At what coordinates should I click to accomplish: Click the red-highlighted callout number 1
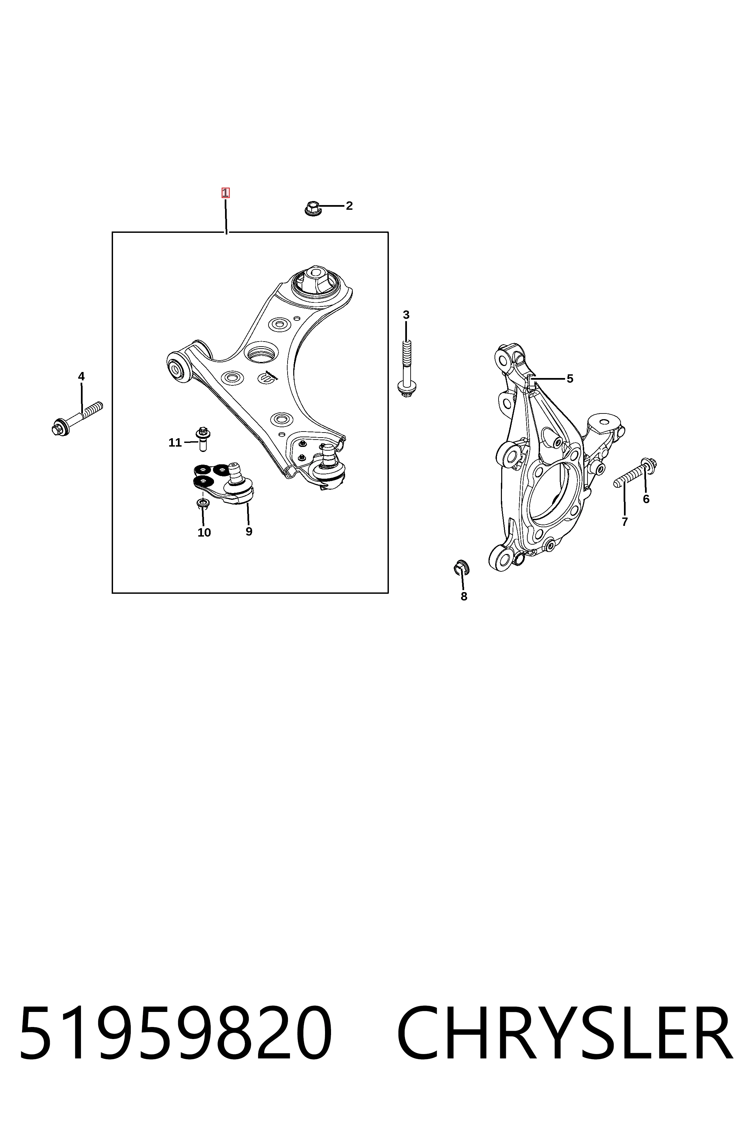pyautogui.click(x=225, y=193)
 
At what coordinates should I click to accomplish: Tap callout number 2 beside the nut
pyautogui.click(x=349, y=206)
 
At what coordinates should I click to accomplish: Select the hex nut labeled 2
pyautogui.click(x=312, y=208)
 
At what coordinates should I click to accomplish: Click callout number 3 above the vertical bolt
pyautogui.click(x=406, y=315)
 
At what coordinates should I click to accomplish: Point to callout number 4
pyautogui.click(x=81, y=377)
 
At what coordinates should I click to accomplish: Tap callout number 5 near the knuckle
pyautogui.click(x=570, y=379)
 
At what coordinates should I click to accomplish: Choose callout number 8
pyautogui.click(x=464, y=596)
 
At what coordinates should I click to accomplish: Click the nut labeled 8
pyautogui.click(x=461, y=566)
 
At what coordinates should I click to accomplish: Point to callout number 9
pyautogui.click(x=249, y=532)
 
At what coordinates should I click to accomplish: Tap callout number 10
pyautogui.click(x=204, y=533)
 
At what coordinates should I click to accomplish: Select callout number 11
pyautogui.click(x=175, y=443)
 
